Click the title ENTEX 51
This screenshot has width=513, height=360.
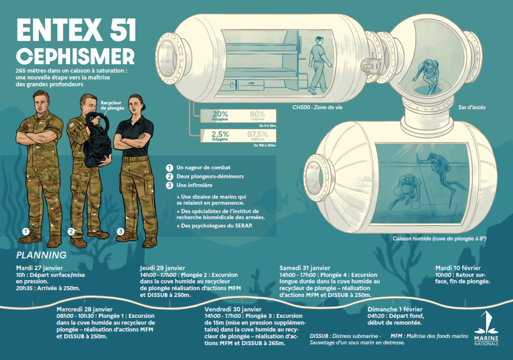(x=76, y=30)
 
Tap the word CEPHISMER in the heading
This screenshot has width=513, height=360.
(x=75, y=56)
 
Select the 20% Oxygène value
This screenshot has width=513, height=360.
(x=220, y=116)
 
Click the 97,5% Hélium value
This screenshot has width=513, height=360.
(x=258, y=136)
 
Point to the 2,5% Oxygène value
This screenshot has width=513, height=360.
(x=220, y=136)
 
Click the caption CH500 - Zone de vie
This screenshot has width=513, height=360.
(x=318, y=107)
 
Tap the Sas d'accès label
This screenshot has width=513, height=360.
(x=472, y=107)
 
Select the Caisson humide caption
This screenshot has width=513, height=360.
(x=440, y=238)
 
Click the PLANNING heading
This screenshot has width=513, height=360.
(x=41, y=255)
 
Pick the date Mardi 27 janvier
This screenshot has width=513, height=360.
(x=40, y=268)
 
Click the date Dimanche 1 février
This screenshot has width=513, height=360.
(x=395, y=309)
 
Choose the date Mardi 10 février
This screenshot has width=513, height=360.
(x=458, y=268)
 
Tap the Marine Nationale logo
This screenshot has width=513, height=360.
(x=486, y=328)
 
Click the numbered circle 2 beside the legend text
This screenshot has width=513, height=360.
(x=169, y=176)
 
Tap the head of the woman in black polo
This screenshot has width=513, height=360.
(x=135, y=104)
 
